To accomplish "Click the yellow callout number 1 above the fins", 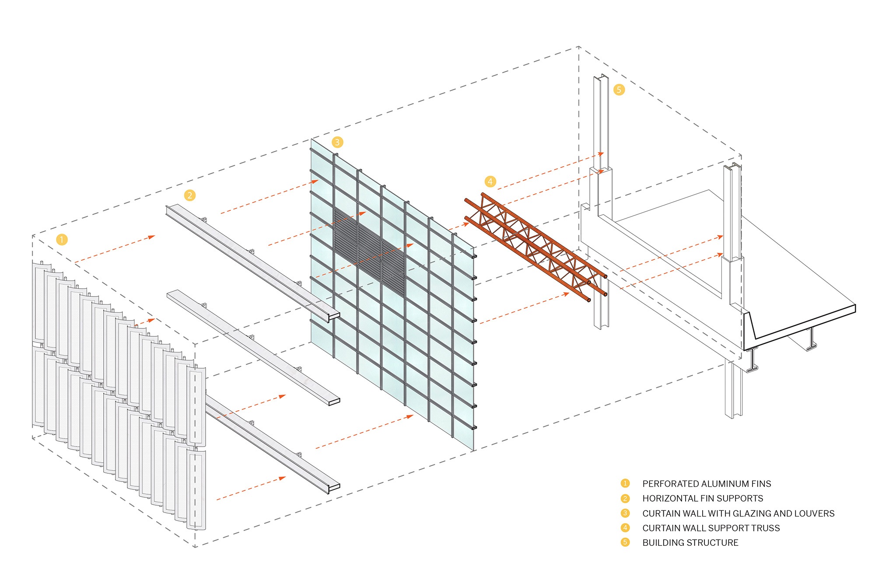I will click(x=62, y=240).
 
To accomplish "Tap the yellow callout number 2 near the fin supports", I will click(x=189, y=195).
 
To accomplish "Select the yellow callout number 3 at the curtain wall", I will click(x=337, y=142).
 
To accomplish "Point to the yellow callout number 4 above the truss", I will click(x=490, y=182).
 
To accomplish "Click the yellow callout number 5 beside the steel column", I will click(x=619, y=90).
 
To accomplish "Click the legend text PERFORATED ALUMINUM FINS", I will click(x=706, y=484).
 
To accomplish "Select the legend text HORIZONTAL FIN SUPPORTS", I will click(x=702, y=499).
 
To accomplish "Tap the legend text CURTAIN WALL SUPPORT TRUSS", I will click(x=710, y=528).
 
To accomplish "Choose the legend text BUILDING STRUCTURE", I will click(x=690, y=543).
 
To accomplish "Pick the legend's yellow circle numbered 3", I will click(x=625, y=513).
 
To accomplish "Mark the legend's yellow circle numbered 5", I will click(x=625, y=542).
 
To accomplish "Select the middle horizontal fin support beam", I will click(x=252, y=346).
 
